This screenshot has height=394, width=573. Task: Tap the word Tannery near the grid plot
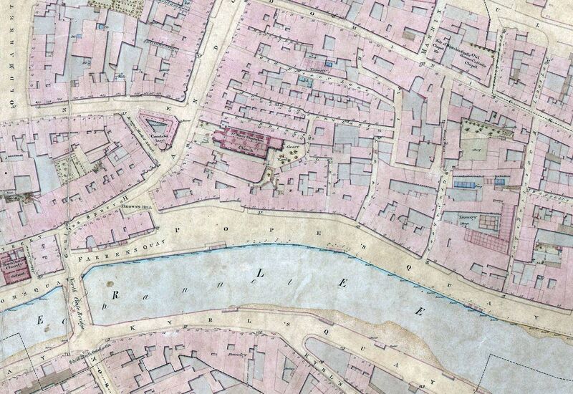coord(451,216)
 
